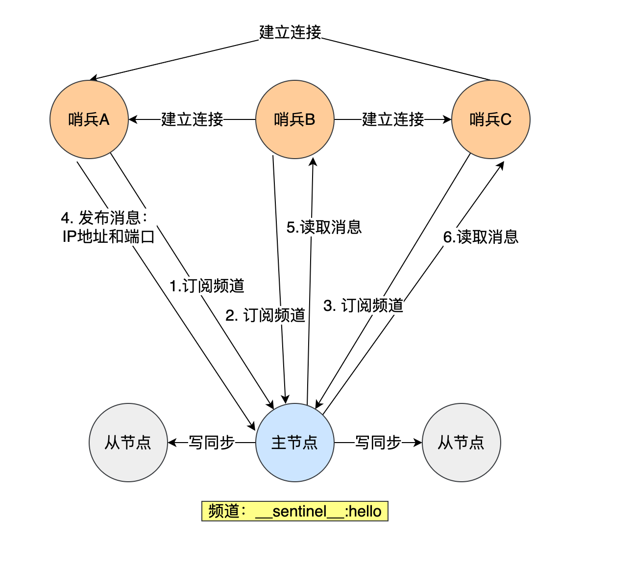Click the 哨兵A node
(89, 119)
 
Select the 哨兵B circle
(295, 119)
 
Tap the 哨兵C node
(490, 119)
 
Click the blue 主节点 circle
(295, 443)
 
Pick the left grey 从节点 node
(128, 443)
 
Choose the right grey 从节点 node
(461, 443)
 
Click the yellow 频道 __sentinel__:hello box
(295, 511)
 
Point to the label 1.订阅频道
(207, 286)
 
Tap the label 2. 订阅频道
(266, 315)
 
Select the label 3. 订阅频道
(364, 305)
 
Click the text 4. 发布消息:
(104, 218)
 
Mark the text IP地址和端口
(109, 237)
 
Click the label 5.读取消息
(324, 227)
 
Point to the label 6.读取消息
(481, 237)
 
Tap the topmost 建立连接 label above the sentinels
(290, 32)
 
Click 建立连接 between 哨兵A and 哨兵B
(192, 119)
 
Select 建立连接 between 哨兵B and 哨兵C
(393, 119)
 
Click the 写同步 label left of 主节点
(212, 443)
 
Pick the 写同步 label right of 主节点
(378, 443)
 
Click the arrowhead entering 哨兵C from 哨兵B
(447, 119)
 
